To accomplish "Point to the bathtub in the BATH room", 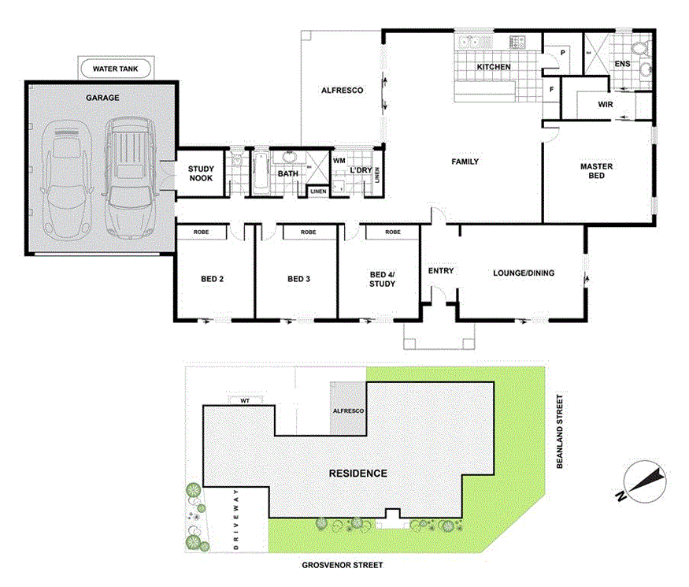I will click(x=261, y=173).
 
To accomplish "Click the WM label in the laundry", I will click(x=339, y=161).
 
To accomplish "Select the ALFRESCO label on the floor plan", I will click(x=342, y=91).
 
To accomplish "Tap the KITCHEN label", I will click(x=494, y=67).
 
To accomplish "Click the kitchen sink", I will click(x=475, y=41).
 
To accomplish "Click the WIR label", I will click(x=606, y=103).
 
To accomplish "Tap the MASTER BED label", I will click(x=596, y=171).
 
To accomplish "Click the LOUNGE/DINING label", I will click(x=524, y=273).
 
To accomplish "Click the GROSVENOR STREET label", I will click(x=342, y=565).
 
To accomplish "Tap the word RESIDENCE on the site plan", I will click(x=357, y=474).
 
